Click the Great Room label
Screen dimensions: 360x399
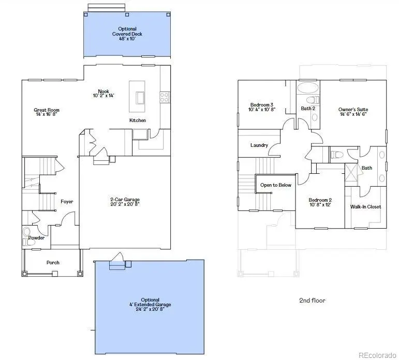click(x=47, y=110)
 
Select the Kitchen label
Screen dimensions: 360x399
click(x=138, y=121)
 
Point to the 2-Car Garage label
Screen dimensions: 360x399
click(x=125, y=200)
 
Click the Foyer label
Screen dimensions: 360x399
click(x=67, y=202)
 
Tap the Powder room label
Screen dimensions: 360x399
click(x=36, y=238)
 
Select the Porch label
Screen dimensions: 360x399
click(x=53, y=263)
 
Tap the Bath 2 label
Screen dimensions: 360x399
click(x=308, y=109)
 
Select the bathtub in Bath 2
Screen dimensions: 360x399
click(x=308, y=87)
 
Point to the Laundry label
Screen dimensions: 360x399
click(x=259, y=145)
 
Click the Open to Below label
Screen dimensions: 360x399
click(x=275, y=185)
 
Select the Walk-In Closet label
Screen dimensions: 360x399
click(x=365, y=207)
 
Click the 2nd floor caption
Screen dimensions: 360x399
click(x=313, y=301)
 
